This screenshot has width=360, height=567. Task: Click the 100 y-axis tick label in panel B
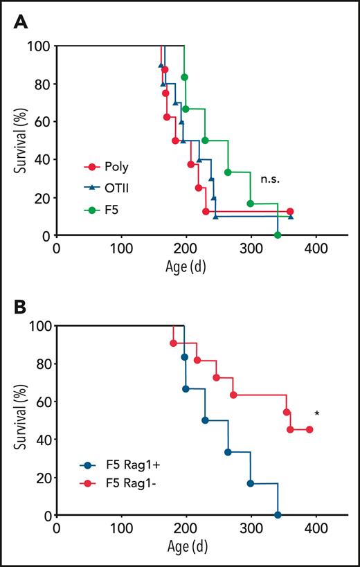[x=41, y=325]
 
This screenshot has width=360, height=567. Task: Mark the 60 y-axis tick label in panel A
[x=44, y=122]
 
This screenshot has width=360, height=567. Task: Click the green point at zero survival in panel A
[x=278, y=235]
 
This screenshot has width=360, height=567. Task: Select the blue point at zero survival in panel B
[x=278, y=515]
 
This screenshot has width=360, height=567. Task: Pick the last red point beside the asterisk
[x=309, y=429]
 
